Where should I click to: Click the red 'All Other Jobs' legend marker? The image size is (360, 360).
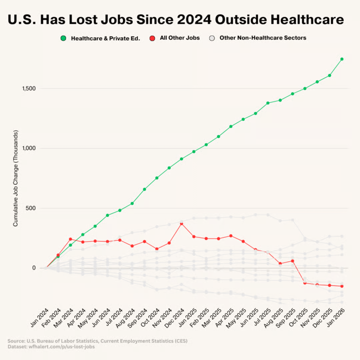pos(152,38)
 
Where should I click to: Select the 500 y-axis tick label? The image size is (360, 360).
pos(31,208)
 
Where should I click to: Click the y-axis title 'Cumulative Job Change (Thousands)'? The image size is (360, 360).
pos(16,178)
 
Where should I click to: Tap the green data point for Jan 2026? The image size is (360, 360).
pos(342,59)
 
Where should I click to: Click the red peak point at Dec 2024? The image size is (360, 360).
pos(182,223)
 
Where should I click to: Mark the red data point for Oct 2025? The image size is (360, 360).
pos(305,283)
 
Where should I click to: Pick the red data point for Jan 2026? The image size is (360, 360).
pos(342,287)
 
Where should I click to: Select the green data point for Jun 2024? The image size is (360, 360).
pos(107,215)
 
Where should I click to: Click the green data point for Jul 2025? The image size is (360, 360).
pos(267,103)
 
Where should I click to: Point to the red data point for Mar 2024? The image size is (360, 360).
pos(70,239)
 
